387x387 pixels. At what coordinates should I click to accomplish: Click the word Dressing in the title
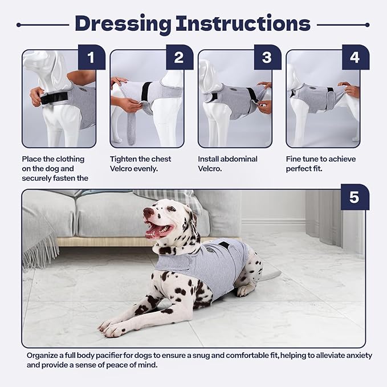(123, 24)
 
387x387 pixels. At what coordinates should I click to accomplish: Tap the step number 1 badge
(91, 58)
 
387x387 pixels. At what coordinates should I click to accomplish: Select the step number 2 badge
(179, 58)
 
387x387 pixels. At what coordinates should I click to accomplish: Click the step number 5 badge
(354, 198)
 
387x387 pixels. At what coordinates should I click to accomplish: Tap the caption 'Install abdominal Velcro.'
(227, 164)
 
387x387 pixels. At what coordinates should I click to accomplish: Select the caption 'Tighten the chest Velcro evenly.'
(140, 164)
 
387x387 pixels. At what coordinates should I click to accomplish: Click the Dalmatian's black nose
(147, 212)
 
